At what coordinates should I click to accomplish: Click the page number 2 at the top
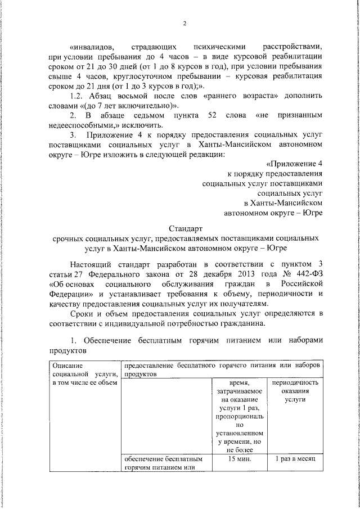[184, 23]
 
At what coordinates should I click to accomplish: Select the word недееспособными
[79, 125]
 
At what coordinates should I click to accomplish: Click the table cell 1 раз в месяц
[295, 458]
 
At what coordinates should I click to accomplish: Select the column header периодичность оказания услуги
[295, 391]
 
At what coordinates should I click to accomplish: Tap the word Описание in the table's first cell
[67, 366]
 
